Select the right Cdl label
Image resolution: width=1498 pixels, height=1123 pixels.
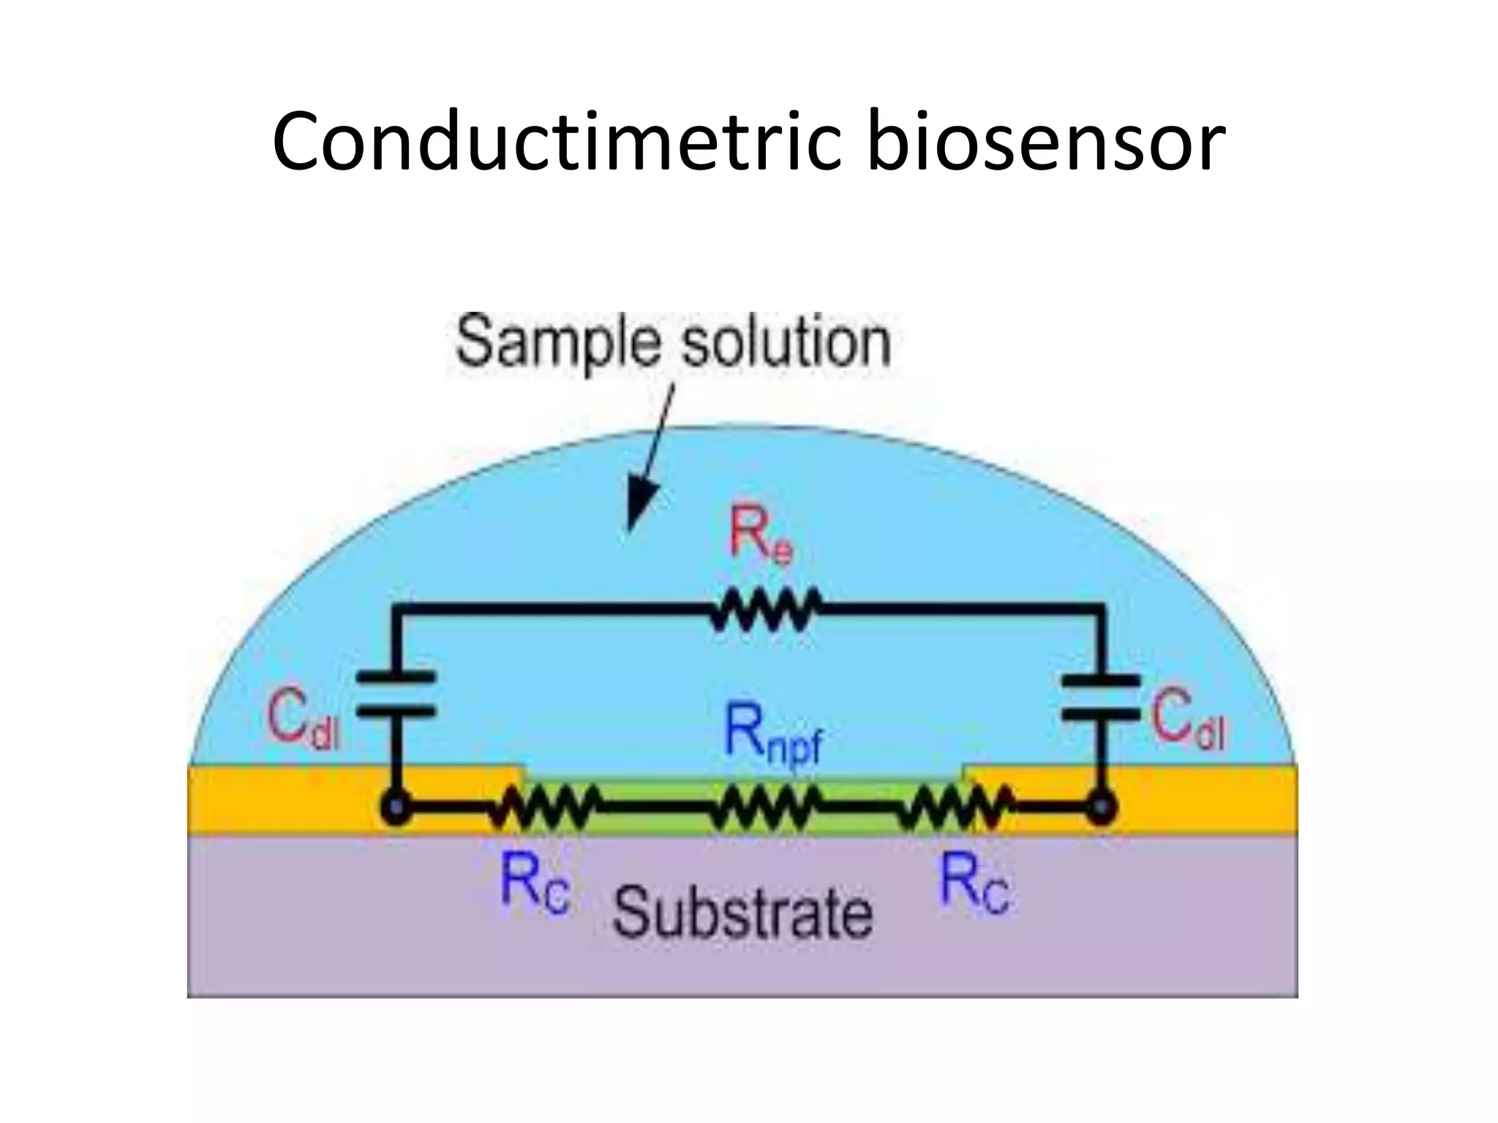point(1189,720)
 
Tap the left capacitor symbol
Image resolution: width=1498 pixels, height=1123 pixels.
point(396,695)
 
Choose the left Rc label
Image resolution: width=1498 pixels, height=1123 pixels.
point(535,884)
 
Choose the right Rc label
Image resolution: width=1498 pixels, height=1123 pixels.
point(974,884)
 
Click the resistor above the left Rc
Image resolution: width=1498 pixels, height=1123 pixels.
point(545,808)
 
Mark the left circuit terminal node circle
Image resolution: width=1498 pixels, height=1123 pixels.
point(396,809)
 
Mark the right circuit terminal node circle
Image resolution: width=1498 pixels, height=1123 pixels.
point(1099,809)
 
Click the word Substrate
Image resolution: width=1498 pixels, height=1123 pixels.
point(743,911)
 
